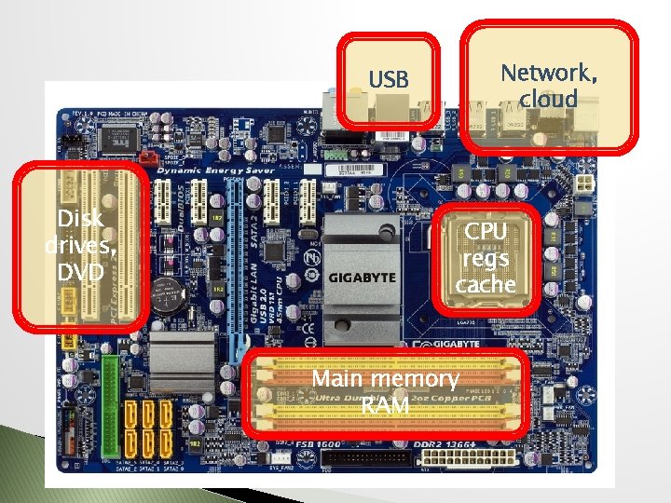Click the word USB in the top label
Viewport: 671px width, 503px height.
[x=389, y=80]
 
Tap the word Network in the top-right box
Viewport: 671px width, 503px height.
[x=549, y=73]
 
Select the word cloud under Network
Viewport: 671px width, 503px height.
[x=550, y=99]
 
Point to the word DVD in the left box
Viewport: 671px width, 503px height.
[x=79, y=271]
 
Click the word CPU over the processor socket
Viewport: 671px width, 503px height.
[x=486, y=231]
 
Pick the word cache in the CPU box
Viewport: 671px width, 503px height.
[x=486, y=285]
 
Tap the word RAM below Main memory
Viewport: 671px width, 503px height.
[x=385, y=405]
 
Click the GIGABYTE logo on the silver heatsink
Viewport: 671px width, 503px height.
[x=362, y=278]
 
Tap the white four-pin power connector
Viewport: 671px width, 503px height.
[x=585, y=184]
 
